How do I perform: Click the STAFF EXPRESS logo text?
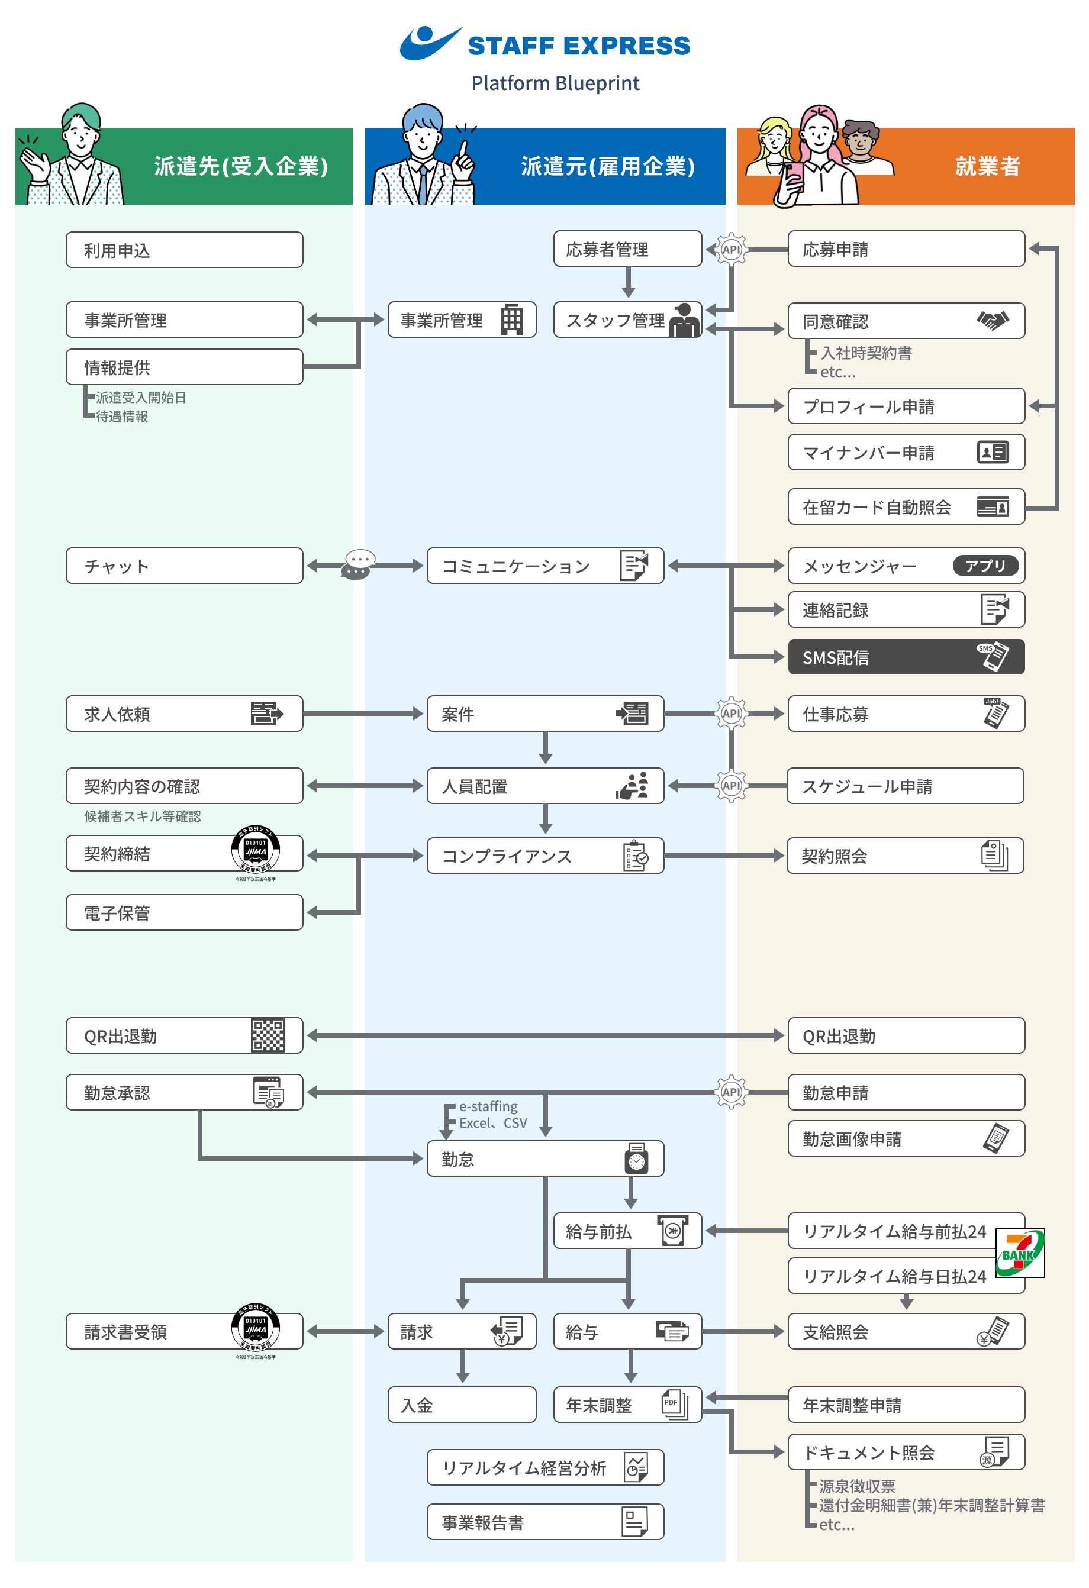pos(578,46)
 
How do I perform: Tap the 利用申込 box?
pos(184,250)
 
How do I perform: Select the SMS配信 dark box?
pos(905,657)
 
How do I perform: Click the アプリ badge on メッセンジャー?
pos(985,566)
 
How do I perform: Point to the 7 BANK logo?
pos(1019,1253)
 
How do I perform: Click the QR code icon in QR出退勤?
pos(268,1036)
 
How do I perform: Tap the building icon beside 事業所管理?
pos(511,319)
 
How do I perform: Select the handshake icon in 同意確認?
pos(993,319)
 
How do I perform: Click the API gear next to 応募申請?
pos(731,250)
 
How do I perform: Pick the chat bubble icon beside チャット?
pos(358,565)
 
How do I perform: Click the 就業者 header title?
pos(987,166)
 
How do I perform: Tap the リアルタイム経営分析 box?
pos(545,1468)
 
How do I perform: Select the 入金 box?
pos(462,1405)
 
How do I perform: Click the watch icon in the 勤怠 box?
pos(636,1159)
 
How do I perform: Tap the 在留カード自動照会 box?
pos(905,507)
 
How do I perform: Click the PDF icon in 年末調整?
pos(674,1405)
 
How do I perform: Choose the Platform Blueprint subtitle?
pos(555,83)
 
